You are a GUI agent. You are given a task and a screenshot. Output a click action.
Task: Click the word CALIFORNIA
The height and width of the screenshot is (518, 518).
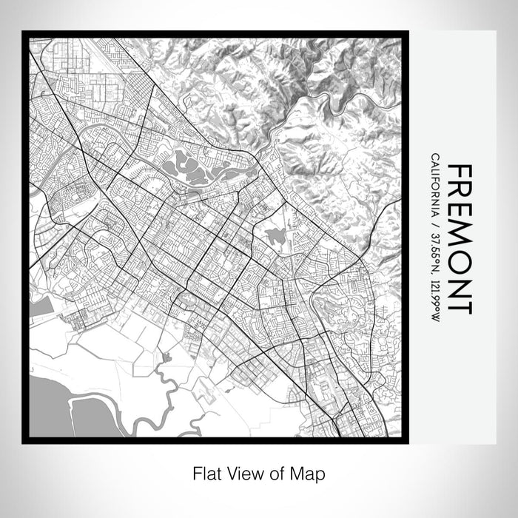pyautogui.click(x=435, y=181)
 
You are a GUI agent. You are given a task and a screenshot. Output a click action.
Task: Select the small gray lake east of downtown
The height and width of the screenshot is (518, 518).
pyautogui.click(x=276, y=237)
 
